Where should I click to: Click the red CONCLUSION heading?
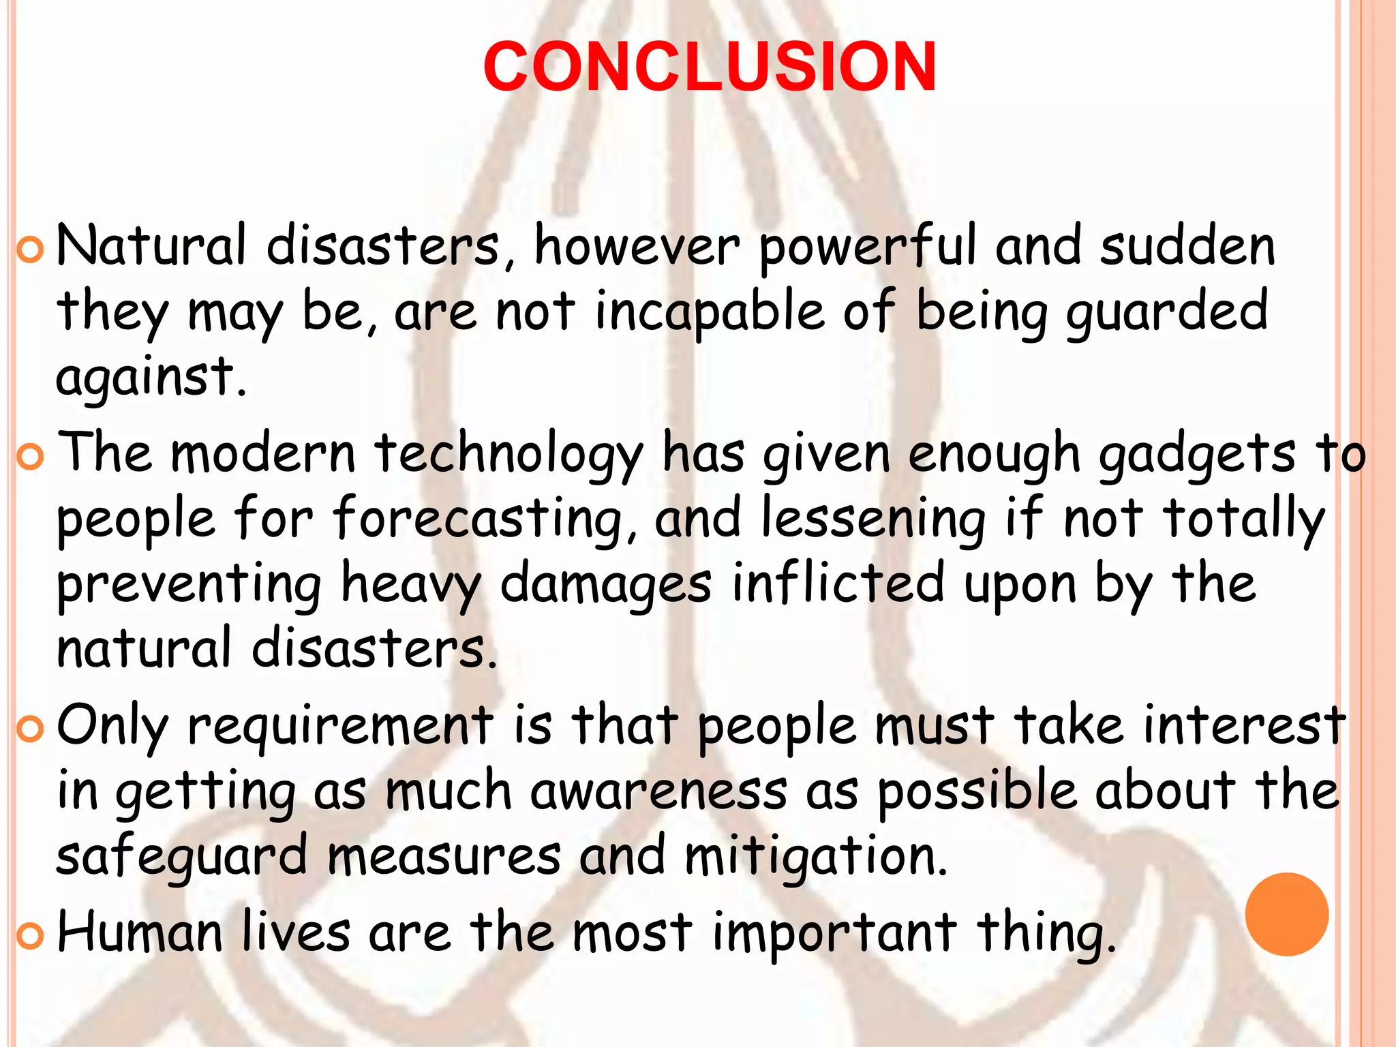(710, 67)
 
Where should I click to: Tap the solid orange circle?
(1286, 914)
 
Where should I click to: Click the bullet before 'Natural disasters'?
(29, 252)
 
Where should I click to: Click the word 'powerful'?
(868, 247)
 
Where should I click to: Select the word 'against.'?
(151, 377)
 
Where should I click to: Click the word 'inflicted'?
(838, 583)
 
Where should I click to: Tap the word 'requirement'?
(340, 725)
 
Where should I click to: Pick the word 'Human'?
(140, 932)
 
